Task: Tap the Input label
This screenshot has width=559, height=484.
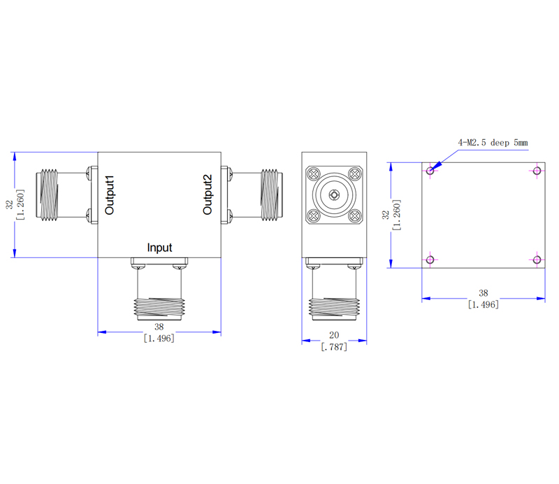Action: [x=159, y=248]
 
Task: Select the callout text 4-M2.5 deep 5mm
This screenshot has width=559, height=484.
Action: [x=493, y=143]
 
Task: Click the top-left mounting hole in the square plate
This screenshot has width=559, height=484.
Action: [x=430, y=170]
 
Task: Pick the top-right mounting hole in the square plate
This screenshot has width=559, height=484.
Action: [x=537, y=170]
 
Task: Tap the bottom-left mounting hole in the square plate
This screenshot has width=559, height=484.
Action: [x=430, y=260]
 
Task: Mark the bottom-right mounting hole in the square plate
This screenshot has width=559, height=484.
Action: [x=537, y=260]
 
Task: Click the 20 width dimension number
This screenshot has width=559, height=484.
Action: [x=333, y=336]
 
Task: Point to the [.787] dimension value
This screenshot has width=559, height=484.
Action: [x=333, y=346]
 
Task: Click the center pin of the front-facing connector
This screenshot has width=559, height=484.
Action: [x=334, y=196]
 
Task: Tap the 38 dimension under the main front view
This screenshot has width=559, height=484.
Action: [x=159, y=327]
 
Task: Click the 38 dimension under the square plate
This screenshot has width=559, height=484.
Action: [x=483, y=294]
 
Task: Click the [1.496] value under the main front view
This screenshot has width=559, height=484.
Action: [x=159, y=338]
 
